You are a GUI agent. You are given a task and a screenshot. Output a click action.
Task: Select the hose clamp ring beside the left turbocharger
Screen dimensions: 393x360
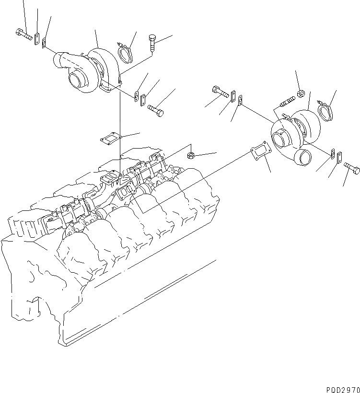[126, 53]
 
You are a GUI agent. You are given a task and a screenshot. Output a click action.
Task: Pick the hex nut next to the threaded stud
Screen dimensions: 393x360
[301, 93]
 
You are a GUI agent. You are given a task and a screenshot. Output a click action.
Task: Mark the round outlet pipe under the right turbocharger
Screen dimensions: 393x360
[303, 158]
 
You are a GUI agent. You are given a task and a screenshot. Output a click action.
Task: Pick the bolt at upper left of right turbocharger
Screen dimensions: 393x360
[219, 91]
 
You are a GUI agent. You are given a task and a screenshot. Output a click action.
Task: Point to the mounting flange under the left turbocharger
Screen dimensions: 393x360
[110, 88]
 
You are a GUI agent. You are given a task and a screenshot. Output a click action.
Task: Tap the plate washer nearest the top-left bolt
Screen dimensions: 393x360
[36, 39]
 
